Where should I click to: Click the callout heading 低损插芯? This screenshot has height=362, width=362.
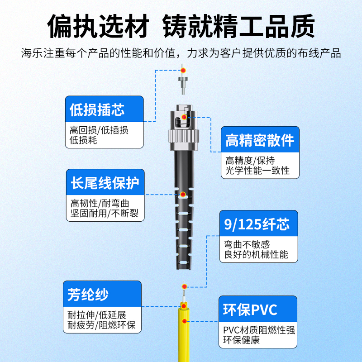point(97,110)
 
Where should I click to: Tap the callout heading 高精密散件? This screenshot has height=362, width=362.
point(260,140)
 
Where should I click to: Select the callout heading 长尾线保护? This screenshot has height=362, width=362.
point(105,183)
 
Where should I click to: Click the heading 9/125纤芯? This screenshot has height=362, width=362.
point(257,224)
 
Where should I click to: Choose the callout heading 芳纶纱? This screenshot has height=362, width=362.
point(88,295)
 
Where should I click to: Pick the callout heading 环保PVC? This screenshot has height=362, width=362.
point(250,310)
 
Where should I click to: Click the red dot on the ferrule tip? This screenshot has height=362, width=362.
point(183,70)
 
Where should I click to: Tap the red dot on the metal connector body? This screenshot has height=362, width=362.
point(184,117)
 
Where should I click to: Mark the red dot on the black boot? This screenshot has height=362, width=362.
point(183,195)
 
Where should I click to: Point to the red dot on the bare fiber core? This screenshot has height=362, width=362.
point(184,286)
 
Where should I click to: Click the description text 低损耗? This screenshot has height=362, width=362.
point(83,140)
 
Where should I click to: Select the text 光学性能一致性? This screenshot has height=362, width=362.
point(257,171)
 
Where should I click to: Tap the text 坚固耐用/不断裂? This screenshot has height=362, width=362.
point(105,213)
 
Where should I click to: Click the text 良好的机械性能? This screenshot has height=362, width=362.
point(256,254)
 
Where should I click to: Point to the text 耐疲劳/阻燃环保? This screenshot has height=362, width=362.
point(101,325)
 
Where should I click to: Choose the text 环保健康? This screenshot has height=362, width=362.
point(241,340)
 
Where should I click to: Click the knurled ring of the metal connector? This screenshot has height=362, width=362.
point(184,136)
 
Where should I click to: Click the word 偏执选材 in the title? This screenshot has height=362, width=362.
point(98,26)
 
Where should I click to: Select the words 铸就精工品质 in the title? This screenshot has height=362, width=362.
point(239,26)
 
